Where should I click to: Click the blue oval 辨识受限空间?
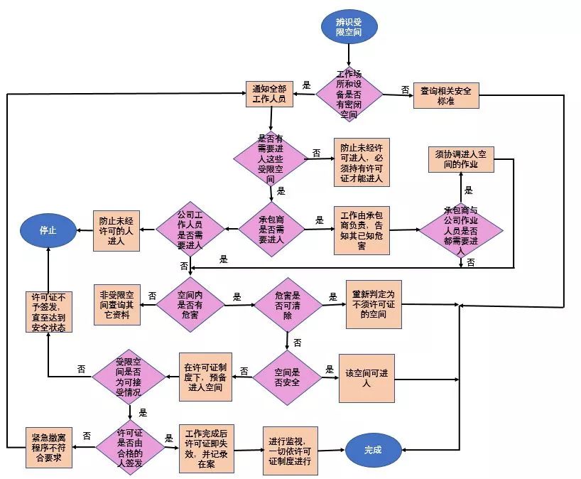click(349, 26)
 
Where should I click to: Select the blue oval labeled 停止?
click(48, 230)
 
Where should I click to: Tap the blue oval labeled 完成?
click(373, 449)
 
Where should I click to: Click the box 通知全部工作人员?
click(269, 95)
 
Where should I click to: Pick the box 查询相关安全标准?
click(447, 95)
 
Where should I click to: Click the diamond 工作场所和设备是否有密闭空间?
click(349, 94)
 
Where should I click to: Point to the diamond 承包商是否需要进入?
click(271, 229)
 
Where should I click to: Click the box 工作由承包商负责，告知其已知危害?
click(362, 230)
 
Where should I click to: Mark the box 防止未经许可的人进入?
click(116, 230)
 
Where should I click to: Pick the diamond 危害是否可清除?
click(288, 303)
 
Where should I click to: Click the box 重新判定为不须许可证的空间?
click(374, 303)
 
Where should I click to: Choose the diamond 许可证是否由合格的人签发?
click(130, 448)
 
